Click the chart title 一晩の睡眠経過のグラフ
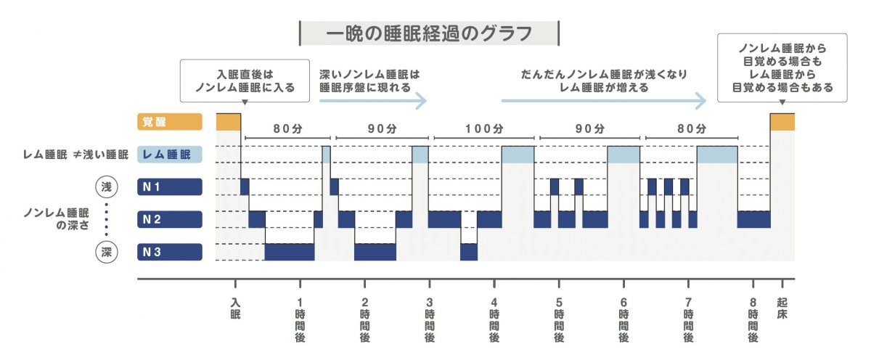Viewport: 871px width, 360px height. coord(429,33)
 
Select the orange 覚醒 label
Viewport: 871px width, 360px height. coord(168,122)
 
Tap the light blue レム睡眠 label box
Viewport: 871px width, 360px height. coord(168,155)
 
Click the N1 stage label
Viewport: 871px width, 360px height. coord(168,187)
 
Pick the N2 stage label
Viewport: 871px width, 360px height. coord(168,219)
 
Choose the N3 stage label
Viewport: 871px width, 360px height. coord(168,252)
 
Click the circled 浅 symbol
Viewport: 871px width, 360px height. coord(107,187)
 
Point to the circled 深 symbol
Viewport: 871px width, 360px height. coord(107,252)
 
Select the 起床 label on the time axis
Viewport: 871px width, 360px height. coord(781,308)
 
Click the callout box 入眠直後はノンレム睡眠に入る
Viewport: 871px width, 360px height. coord(245,80)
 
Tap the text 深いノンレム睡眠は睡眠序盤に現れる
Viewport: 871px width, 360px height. coord(369,80)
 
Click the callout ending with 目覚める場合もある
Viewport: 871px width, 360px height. coord(782,67)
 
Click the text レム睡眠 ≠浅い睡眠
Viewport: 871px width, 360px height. coord(75,155)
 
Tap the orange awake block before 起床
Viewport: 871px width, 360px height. coord(782,122)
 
